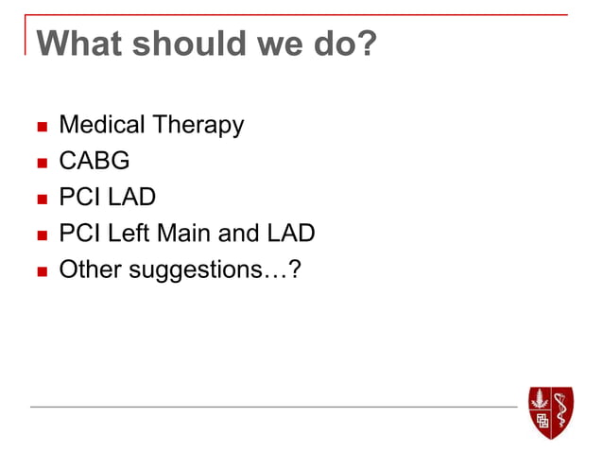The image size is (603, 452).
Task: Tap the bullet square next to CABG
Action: click(x=40, y=163)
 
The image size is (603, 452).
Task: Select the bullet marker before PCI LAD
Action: click(x=40, y=199)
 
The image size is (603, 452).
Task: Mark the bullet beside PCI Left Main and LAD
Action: click(x=40, y=235)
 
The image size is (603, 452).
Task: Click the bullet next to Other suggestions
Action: click(x=40, y=271)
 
